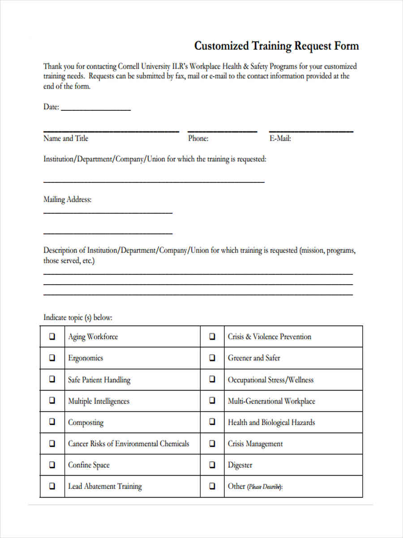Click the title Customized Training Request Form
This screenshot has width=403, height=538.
click(276, 46)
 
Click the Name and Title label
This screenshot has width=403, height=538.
click(65, 139)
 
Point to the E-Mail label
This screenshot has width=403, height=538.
click(280, 139)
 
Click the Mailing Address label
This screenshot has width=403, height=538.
click(67, 200)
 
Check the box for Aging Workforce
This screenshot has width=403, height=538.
click(52, 336)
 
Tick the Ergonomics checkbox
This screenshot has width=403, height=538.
click(52, 358)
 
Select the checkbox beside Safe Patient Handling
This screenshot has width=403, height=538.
click(52, 379)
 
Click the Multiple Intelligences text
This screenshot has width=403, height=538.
click(99, 401)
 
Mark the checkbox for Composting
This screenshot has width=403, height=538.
click(52, 422)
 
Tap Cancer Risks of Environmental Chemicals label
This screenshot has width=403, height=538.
click(129, 444)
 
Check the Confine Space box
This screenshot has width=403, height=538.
click(52, 465)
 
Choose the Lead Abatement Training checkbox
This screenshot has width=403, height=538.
click(52, 486)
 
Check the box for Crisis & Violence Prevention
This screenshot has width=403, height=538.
click(212, 336)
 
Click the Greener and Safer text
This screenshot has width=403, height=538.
click(254, 358)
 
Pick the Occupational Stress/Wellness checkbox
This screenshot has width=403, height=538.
click(212, 379)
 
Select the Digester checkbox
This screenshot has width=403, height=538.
click(212, 465)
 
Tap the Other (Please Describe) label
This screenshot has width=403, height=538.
click(255, 486)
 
